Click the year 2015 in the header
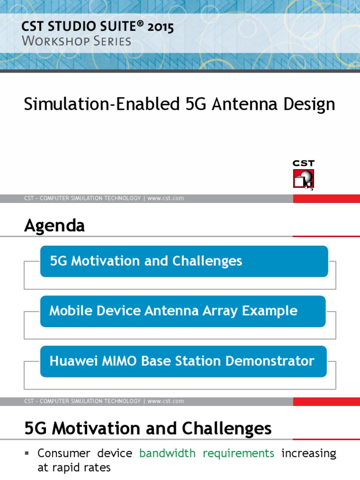click(160, 28)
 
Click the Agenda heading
click(54, 226)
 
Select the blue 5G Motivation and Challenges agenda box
click(184, 261)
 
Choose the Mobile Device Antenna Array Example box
click(183, 311)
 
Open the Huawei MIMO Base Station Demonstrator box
click(183, 361)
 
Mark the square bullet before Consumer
click(27, 453)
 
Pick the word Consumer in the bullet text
click(62, 453)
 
